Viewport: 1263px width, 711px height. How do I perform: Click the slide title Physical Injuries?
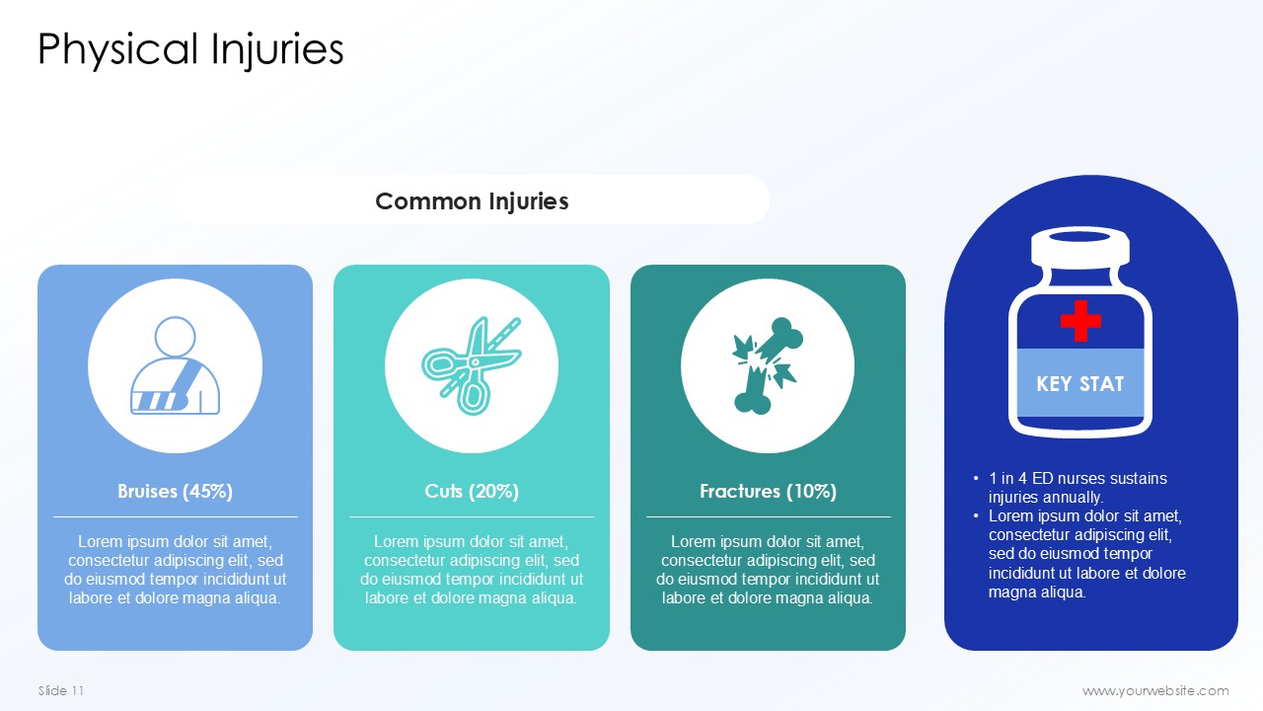tap(190, 50)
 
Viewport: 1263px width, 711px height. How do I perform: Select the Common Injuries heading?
tap(472, 201)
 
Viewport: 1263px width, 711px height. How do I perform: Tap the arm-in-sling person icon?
tap(175, 365)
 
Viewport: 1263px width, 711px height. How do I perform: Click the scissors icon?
tap(472, 365)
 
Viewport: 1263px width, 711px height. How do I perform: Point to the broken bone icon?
tap(768, 365)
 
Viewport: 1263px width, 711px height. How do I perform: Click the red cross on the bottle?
tap(1080, 321)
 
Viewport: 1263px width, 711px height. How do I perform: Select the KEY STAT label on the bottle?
tap(1079, 384)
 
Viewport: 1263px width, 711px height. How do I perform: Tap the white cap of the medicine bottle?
tap(1080, 247)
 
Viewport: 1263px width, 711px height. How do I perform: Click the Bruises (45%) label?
tap(175, 492)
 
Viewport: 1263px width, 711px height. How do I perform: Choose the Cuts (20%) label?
tap(472, 492)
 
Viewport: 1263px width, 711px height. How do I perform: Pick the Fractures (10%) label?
tap(768, 492)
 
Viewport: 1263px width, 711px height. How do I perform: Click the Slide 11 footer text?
tap(61, 690)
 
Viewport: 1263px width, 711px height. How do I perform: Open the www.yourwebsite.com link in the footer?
tap(1155, 690)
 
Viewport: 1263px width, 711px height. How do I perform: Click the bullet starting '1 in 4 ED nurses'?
tap(1077, 488)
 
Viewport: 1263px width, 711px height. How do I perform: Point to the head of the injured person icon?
tap(175, 337)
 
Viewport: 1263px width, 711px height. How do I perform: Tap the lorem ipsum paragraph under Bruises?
tap(175, 570)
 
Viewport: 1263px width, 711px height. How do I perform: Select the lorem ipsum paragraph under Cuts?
tap(472, 570)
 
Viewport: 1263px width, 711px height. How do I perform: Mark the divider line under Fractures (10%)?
tap(768, 516)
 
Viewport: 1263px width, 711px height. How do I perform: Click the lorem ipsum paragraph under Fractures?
tap(768, 570)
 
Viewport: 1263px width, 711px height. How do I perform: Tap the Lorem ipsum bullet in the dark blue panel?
tap(1086, 554)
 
